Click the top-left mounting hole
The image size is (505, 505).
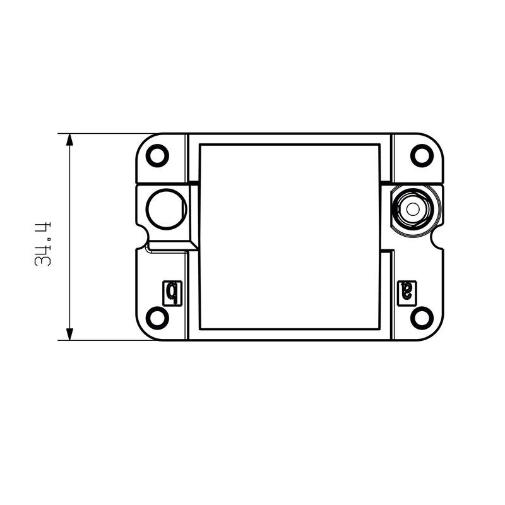click(157, 155)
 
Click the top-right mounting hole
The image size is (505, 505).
click(422, 155)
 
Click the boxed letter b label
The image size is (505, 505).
click(172, 293)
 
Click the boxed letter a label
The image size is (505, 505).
click(407, 293)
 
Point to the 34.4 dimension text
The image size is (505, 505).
click(43, 244)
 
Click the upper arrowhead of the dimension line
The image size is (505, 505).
click(69, 140)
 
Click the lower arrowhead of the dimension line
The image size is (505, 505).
click(69, 334)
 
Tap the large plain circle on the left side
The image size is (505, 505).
click(167, 210)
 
